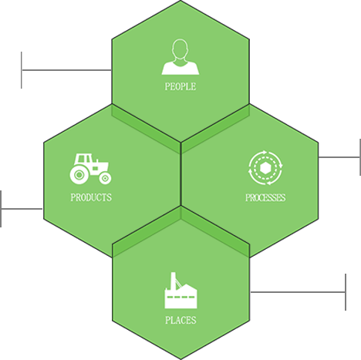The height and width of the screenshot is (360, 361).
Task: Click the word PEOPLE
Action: [x=180, y=86]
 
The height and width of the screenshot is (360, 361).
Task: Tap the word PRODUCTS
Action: [x=91, y=197]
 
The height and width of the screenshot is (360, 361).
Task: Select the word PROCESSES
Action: [x=265, y=197]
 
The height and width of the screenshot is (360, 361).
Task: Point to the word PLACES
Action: [x=180, y=320]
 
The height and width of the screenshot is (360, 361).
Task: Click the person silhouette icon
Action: [x=180, y=57]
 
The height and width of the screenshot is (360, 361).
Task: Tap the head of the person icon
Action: [x=180, y=49]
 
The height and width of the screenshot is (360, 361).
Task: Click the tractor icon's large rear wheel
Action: [x=79, y=175]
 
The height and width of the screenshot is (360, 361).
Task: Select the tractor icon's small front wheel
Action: [x=105, y=178]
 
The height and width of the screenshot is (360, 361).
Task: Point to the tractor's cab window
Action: [x=84, y=159]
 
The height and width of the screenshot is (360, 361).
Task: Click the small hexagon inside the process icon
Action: [x=265, y=168]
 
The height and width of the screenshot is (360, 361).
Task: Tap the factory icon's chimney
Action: [x=173, y=281]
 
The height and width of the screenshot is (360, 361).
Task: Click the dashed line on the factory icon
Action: [x=180, y=298]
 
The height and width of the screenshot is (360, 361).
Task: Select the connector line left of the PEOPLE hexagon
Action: [x=66, y=70]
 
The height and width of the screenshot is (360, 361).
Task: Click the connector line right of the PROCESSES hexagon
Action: [x=339, y=157]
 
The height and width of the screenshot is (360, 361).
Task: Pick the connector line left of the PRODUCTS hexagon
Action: [x=22, y=209]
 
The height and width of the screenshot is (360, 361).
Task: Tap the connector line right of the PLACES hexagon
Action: [x=298, y=292]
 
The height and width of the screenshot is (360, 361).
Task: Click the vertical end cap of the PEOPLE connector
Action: [x=22, y=70]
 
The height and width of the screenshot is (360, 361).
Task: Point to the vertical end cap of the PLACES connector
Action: [x=346, y=292]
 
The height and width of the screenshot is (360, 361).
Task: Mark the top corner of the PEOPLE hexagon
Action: [x=180, y=1]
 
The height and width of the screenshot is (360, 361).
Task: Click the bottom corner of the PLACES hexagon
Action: [x=181, y=359]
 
